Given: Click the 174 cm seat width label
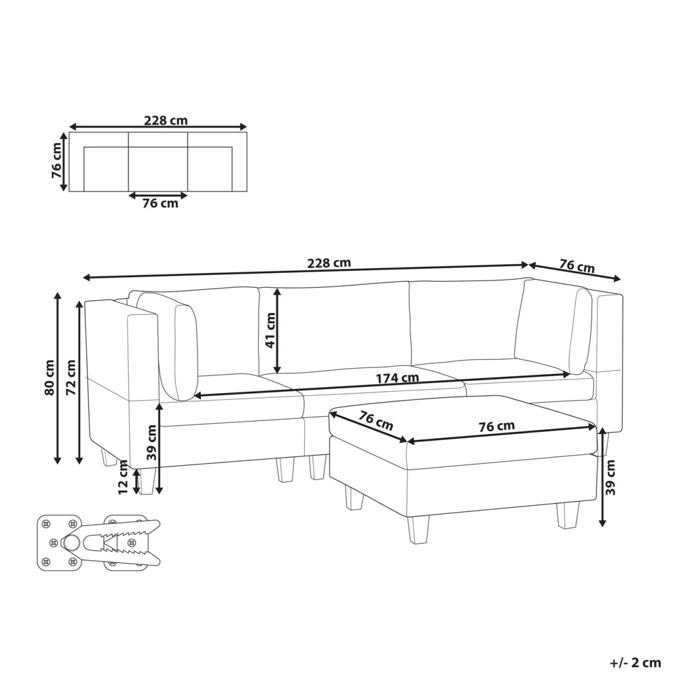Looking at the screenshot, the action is pyautogui.click(x=397, y=378).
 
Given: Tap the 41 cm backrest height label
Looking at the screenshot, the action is pyautogui.click(x=270, y=331).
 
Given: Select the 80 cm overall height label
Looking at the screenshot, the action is pyautogui.click(x=50, y=377).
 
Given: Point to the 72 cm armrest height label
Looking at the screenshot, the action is pyautogui.click(x=71, y=377).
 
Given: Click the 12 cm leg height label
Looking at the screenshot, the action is pyautogui.click(x=124, y=477).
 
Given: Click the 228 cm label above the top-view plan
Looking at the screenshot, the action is pyautogui.click(x=166, y=120).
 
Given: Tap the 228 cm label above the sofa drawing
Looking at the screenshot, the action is pyautogui.click(x=329, y=263).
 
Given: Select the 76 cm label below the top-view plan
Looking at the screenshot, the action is pyautogui.click(x=160, y=203).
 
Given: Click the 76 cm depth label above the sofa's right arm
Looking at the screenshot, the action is pyautogui.click(x=576, y=265).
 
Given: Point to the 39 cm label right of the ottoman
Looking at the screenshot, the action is pyautogui.click(x=610, y=477).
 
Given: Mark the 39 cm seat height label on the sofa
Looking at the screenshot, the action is pyautogui.click(x=151, y=442).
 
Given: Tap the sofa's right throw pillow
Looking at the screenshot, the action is pyautogui.click(x=581, y=331).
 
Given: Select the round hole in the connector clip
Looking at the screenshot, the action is pyautogui.click(x=71, y=541).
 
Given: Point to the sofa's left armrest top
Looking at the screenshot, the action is pyautogui.click(x=122, y=310).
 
